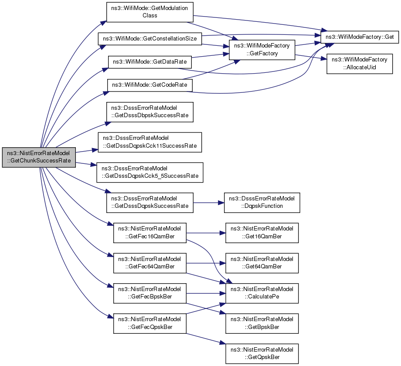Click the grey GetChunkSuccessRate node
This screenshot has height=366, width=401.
pyautogui.click(x=39, y=157)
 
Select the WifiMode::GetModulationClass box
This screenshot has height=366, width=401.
pyautogui.click(x=150, y=12)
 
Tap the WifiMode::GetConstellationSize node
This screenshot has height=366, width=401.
pyautogui.click(x=150, y=39)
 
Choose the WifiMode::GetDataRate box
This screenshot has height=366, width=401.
pyautogui.click(x=150, y=62)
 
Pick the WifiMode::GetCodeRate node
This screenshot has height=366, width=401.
pyautogui.click(x=150, y=85)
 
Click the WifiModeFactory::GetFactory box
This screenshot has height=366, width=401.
pyautogui.click(x=262, y=50)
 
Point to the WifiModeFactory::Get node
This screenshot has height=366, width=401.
pyautogui.click(x=360, y=37)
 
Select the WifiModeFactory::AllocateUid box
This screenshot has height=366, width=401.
pyautogui.click(x=359, y=64)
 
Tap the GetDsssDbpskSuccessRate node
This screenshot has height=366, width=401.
pyautogui.click(x=150, y=112)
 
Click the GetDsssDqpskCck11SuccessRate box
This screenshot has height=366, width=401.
pyautogui.click(x=150, y=142)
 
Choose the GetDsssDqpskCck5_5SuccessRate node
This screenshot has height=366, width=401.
pyautogui.click(x=150, y=173)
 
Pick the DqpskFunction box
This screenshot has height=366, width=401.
pyautogui.click(x=262, y=203)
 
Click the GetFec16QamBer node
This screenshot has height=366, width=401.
pyautogui.click(x=150, y=233)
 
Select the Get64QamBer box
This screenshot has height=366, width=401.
pyautogui.click(x=262, y=263)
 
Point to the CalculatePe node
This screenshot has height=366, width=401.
pyautogui.click(x=262, y=293)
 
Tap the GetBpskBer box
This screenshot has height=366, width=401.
pyautogui.click(x=262, y=323)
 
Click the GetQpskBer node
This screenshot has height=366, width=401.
pyautogui.click(x=262, y=354)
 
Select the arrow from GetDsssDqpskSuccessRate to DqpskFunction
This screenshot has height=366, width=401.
pyautogui.click(x=209, y=203)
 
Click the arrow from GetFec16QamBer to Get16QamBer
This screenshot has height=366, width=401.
pyautogui.click(x=206, y=233)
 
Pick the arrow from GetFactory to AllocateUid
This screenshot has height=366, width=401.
pyautogui.click(x=311, y=57)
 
